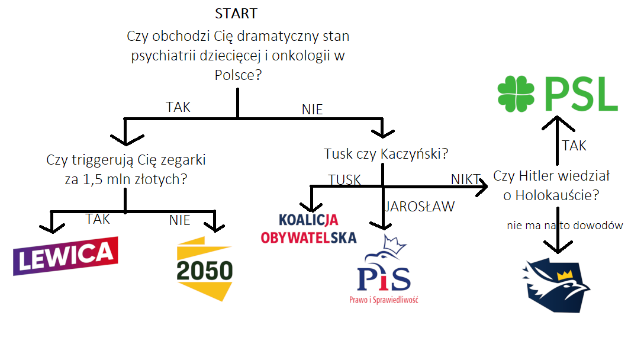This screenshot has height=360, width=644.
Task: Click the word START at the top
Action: (236, 13)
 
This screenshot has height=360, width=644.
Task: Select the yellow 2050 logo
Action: (205, 269)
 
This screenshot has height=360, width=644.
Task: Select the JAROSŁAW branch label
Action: (420, 207)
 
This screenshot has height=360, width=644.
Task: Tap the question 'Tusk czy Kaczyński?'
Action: (386, 154)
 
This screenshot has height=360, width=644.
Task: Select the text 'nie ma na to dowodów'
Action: (565, 226)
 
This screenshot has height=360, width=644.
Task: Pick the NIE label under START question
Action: (312, 110)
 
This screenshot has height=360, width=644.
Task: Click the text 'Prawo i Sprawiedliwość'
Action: (384, 300)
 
